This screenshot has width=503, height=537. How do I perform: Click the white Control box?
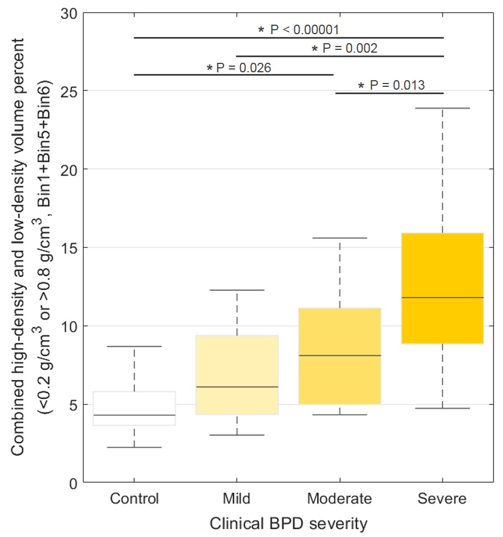click(x=134, y=408)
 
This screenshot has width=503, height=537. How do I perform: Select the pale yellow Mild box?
click(x=237, y=374)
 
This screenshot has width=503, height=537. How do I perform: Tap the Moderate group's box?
click(x=340, y=356)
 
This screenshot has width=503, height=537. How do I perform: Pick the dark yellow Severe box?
click(x=442, y=288)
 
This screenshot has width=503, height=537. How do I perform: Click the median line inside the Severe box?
click(x=442, y=298)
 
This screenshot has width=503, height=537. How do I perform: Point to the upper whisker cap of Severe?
click(x=442, y=108)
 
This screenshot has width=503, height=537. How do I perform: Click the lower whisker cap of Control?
click(x=134, y=447)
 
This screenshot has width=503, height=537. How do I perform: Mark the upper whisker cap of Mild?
click(x=237, y=290)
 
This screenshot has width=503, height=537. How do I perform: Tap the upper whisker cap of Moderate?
click(x=340, y=238)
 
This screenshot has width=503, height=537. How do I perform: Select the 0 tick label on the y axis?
click(x=71, y=483)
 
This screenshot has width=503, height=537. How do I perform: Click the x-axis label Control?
click(x=134, y=499)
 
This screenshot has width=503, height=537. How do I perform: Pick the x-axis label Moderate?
click(x=340, y=499)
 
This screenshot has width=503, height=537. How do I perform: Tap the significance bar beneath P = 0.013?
click(x=390, y=93)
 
